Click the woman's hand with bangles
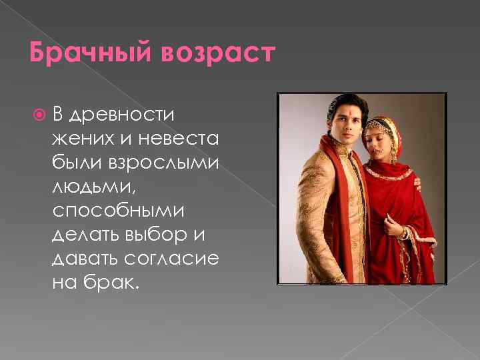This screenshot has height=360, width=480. pyautogui.click(x=405, y=233)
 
